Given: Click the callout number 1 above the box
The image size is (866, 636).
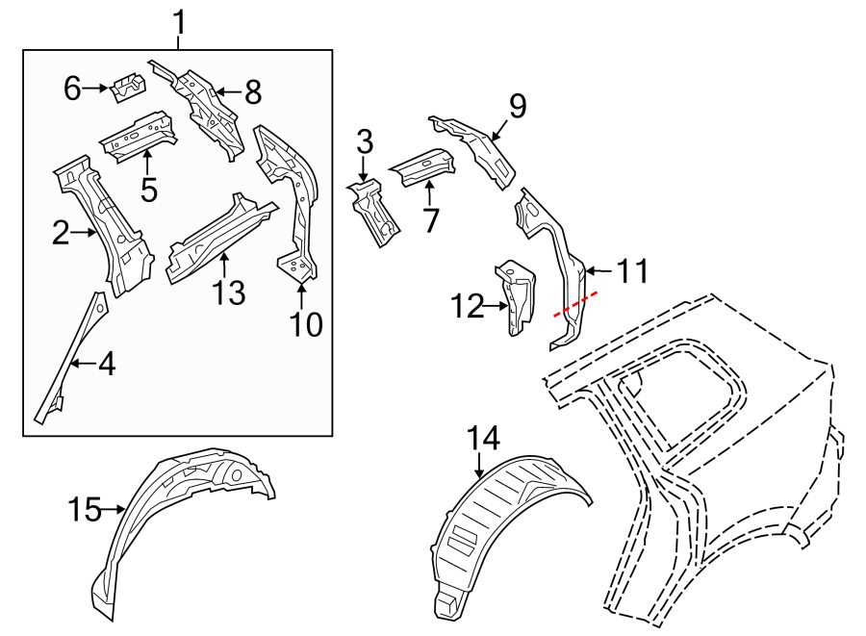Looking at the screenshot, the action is [x=179, y=23].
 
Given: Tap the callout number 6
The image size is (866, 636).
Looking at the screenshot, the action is [x=72, y=89].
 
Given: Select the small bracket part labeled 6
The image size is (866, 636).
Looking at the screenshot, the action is [x=129, y=87].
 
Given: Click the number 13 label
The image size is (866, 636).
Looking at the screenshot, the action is [x=229, y=293].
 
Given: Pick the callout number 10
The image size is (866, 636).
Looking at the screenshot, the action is [x=306, y=324].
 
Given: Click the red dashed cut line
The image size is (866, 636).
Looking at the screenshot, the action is [x=575, y=304].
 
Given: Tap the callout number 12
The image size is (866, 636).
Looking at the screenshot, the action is [x=468, y=306].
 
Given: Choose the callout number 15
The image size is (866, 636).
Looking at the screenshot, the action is [x=85, y=510].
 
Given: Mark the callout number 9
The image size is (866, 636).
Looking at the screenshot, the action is [x=518, y=106].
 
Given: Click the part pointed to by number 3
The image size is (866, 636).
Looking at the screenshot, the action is [x=374, y=213].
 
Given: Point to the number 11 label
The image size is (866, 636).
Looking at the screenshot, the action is [x=632, y=271].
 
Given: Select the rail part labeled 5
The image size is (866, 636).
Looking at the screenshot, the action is [x=138, y=137].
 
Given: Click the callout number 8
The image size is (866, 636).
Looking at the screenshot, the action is [x=253, y=92].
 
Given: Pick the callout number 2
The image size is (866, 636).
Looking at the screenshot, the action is [x=61, y=233].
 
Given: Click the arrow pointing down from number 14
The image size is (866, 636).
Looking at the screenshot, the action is [x=480, y=465].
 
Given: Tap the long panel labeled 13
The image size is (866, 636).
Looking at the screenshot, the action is [x=221, y=241].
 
